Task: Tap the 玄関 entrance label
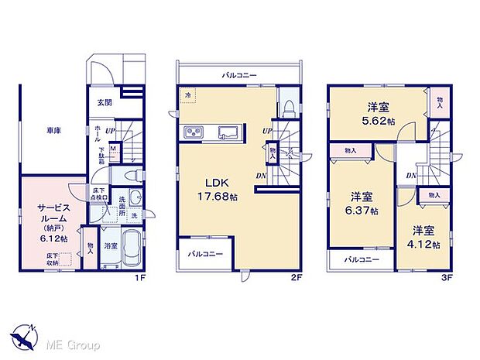[105, 102]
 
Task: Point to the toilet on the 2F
[288, 108]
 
